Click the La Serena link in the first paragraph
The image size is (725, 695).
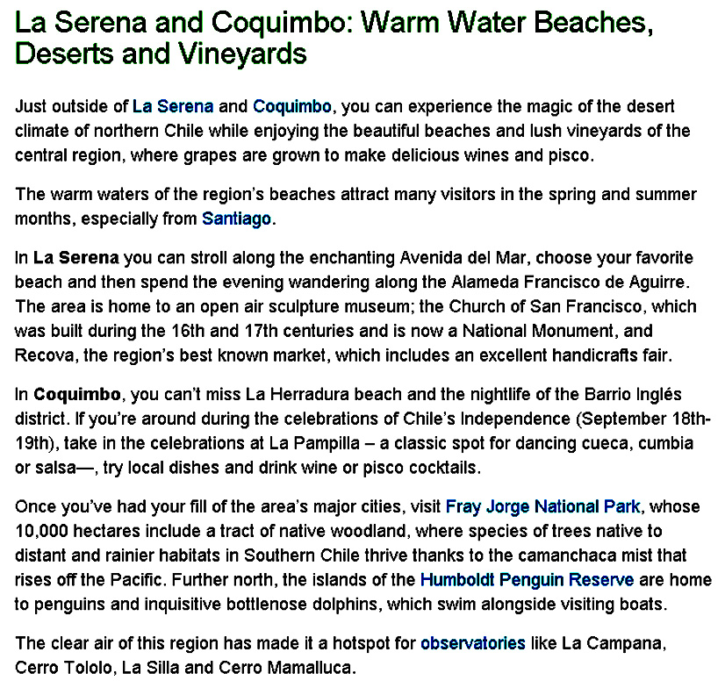point(173,107)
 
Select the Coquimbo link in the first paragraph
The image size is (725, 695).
point(291,107)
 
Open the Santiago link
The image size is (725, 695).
point(236,219)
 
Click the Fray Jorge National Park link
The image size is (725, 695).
point(543,506)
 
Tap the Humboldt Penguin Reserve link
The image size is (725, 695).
point(527,580)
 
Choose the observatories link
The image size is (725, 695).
point(472,643)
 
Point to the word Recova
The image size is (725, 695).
point(42,355)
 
